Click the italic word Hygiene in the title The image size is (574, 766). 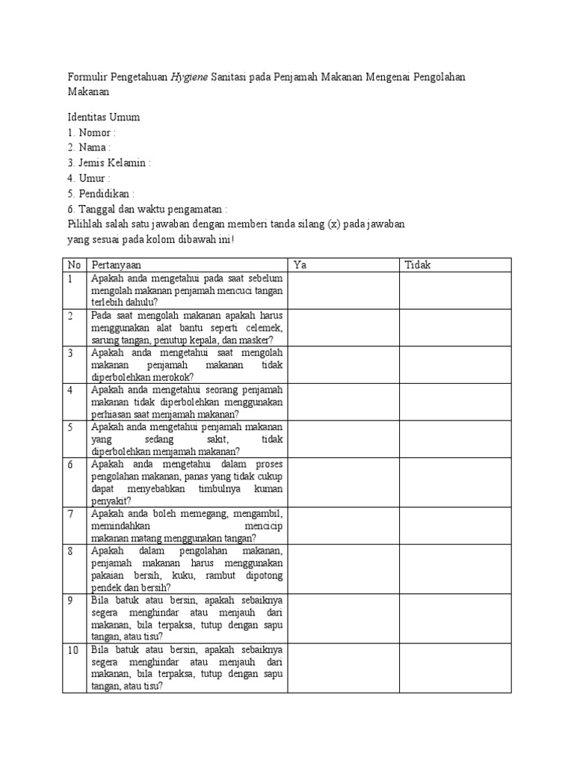coord(189,78)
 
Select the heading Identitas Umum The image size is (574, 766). coord(103,117)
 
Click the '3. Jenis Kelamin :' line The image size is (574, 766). coord(109,162)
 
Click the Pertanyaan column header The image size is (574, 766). coord(116,265)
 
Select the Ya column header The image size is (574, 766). coord(300,265)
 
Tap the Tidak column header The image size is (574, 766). coord(418,265)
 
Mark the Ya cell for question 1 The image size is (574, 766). coord(343,290)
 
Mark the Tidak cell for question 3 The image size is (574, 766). coord(454,364)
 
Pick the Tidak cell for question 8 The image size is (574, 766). coord(454,569)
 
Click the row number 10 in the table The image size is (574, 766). coord(73,650)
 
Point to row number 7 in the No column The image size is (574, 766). coord(70,514)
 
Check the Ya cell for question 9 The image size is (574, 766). coord(343,618)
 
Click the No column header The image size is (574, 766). coord(74,265)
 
